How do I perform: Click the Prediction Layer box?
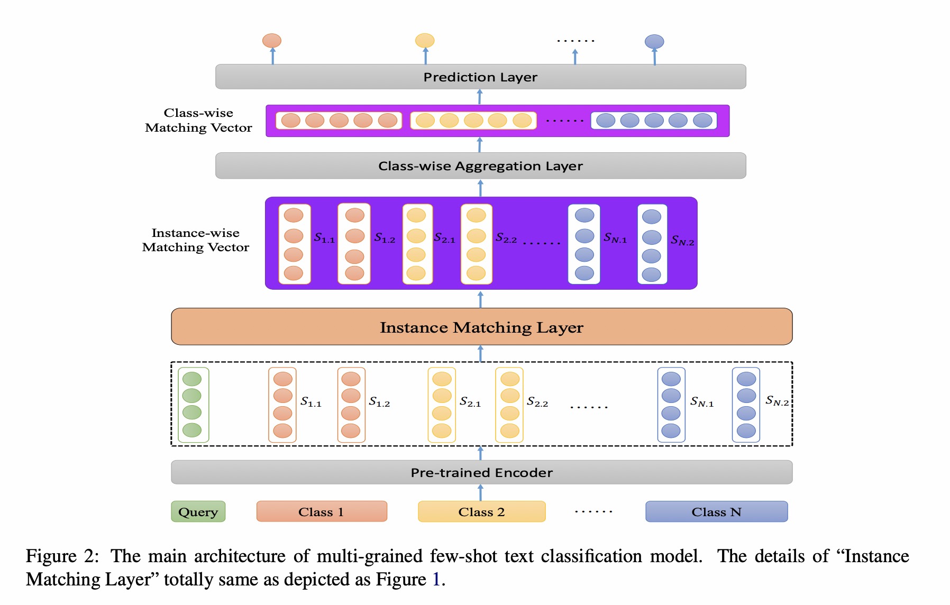(480, 77)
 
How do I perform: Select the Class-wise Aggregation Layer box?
(480, 166)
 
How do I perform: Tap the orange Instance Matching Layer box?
(481, 327)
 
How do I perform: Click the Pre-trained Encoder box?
(481, 472)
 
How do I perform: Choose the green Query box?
(198, 511)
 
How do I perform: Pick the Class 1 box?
(322, 511)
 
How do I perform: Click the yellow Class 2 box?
(481, 511)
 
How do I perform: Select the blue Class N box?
(716, 511)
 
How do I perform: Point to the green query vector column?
(193, 405)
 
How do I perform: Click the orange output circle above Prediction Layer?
(272, 41)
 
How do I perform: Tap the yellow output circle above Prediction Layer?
(425, 41)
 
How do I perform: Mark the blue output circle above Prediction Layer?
(654, 41)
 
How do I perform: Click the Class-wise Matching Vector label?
(199, 120)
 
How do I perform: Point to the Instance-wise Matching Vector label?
(196, 240)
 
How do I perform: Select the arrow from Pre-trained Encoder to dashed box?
(480, 453)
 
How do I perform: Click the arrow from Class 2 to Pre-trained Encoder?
(480, 492)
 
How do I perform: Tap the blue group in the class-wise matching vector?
(654, 121)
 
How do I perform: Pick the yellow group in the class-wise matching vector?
(473, 121)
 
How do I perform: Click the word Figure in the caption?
(51, 556)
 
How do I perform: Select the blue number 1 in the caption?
(436, 580)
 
